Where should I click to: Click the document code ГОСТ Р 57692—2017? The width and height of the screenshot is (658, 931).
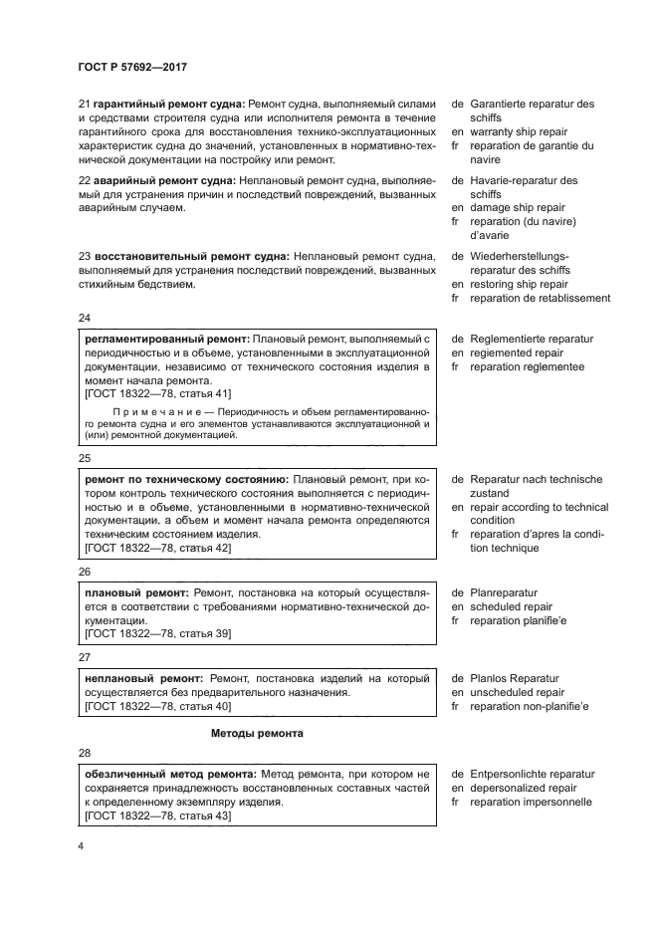click(x=131, y=67)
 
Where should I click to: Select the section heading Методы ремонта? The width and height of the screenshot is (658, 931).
click(x=257, y=733)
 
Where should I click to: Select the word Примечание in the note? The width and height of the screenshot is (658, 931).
click(x=148, y=411)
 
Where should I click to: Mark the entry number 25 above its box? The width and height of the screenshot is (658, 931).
click(x=84, y=458)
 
